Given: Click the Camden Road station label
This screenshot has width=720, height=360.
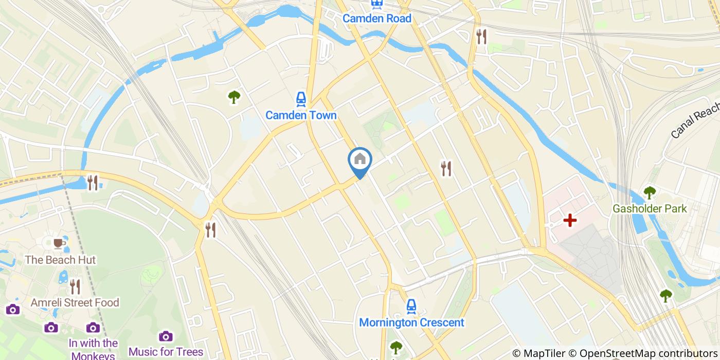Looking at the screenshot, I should (x=377, y=19).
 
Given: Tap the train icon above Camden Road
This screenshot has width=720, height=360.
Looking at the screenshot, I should (x=377, y=4).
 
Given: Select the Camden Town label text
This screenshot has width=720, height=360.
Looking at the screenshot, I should (x=301, y=115).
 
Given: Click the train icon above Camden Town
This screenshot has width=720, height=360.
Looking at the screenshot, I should (x=301, y=99).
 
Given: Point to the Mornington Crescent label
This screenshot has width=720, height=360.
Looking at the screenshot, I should (x=411, y=322).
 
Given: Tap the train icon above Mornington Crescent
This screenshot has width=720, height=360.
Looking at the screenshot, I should (x=411, y=307).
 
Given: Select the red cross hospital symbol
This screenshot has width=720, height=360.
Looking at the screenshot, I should (x=570, y=220).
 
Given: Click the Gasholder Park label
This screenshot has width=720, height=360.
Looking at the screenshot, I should (x=650, y=209).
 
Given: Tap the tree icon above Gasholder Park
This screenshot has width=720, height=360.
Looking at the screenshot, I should (x=650, y=193).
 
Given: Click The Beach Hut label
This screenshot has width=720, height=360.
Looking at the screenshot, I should (x=60, y=260).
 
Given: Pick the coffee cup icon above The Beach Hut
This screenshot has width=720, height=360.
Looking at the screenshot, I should (x=59, y=243).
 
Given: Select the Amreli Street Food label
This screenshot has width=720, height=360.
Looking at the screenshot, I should (x=75, y=302).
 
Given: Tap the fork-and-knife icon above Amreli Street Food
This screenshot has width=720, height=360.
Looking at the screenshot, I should (x=75, y=286).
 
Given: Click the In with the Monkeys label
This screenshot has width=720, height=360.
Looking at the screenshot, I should (x=93, y=349).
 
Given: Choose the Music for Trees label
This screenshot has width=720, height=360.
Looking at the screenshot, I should (x=166, y=352).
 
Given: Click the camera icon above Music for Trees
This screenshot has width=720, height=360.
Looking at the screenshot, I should (x=166, y=336).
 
